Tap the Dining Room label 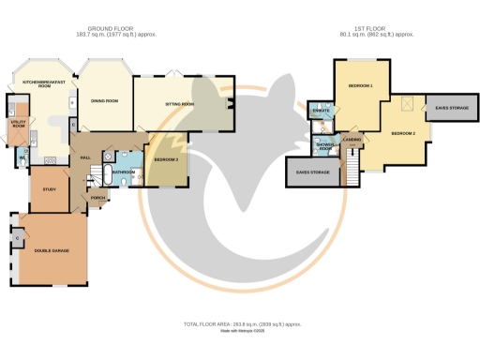pos(104,100)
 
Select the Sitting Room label pos(180,103)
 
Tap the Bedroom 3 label pos(166,160)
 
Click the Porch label pos(97,198)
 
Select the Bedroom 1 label pos(360,86)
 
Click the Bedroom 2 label pos(404,133)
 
